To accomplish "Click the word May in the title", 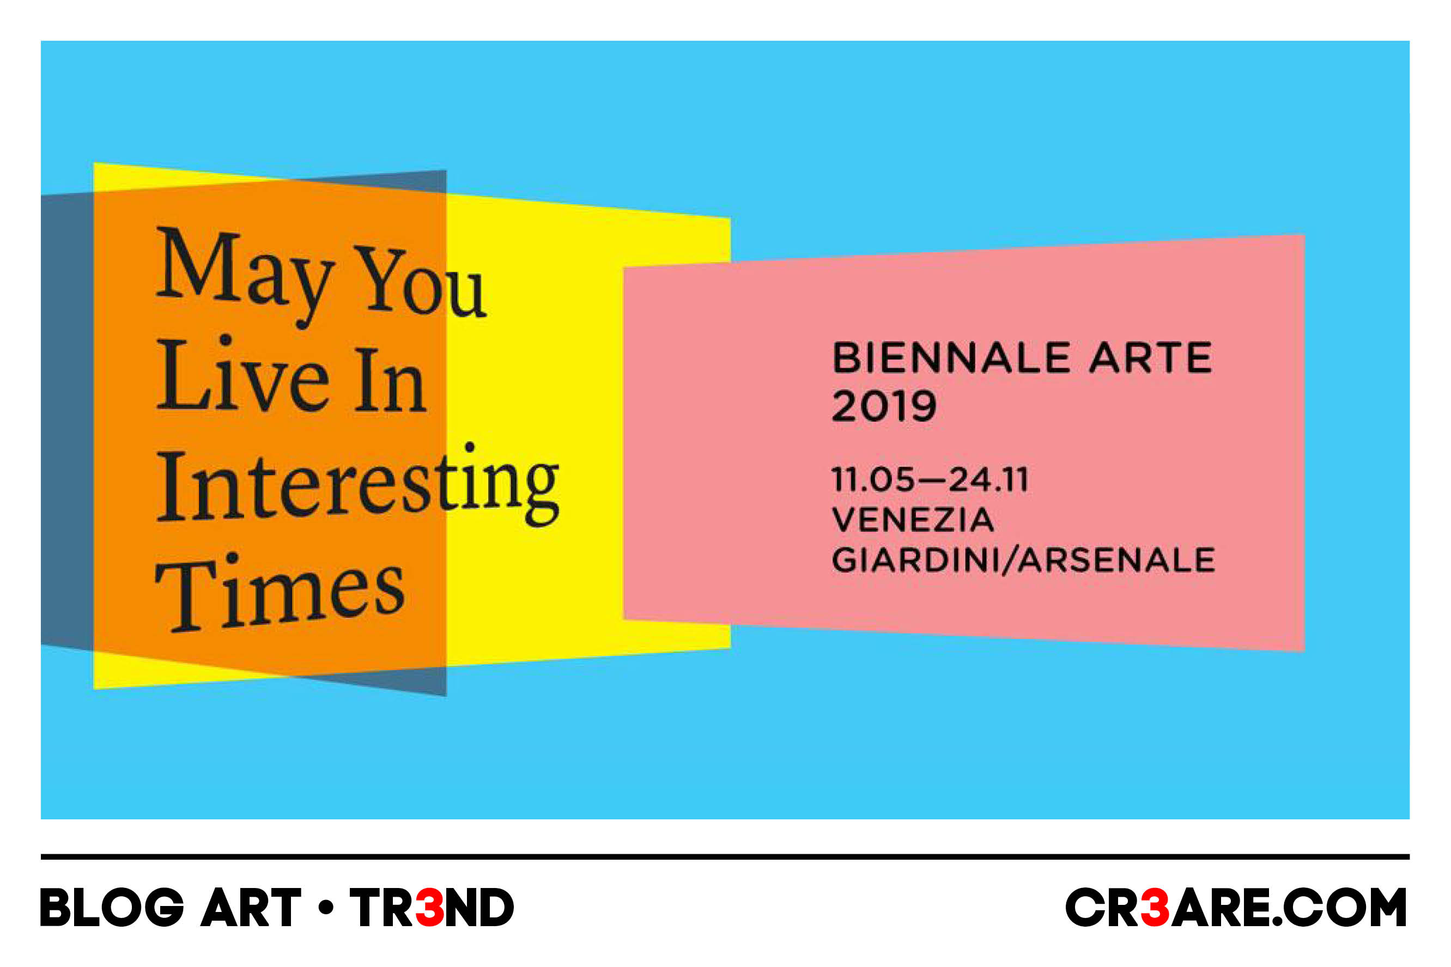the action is (245, 276).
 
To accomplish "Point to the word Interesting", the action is (357, 485).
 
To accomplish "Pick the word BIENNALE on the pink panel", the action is (951, 358).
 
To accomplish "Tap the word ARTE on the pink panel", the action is (1151, 358).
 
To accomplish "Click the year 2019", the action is (884, 406).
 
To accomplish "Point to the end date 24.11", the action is (989, 479).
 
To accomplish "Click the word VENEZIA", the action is (913, 519).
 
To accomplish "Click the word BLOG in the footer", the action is (112, 907).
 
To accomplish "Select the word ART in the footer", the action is (251, 907).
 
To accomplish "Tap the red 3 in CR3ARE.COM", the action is (1155, 907).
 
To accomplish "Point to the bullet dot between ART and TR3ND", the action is (326, 907).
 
